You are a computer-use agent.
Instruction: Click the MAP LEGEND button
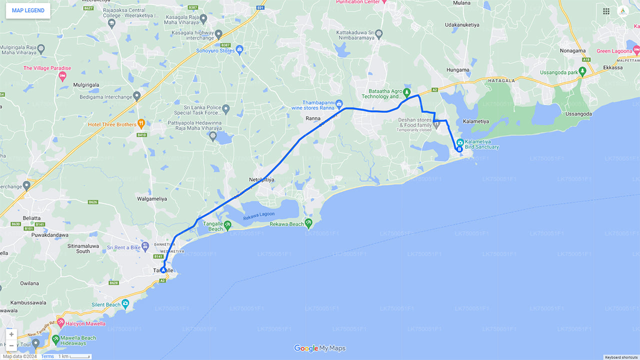coord(28,10)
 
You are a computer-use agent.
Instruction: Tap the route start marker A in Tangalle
coord(163,270)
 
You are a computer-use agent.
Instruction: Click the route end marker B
coord(459,148)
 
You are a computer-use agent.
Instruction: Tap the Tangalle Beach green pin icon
coord(227,224)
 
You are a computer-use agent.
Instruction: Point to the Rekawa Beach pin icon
coord(309,223)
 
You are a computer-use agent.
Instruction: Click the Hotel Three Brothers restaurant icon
coord(141,123)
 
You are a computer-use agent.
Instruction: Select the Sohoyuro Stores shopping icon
coord(239,49)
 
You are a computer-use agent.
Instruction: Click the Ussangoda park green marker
coord(582,71)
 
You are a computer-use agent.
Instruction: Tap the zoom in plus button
coord(11,334)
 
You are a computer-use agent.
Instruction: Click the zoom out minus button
coord(11,345)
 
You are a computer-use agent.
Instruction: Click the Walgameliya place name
coord(152,198)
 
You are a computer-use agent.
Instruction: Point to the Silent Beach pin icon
coord(125,303)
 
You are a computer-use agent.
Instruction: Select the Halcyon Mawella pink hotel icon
coord(61,322)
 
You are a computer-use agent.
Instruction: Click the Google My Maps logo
coord(320,348)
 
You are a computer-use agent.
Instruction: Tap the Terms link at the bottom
coord(47,356)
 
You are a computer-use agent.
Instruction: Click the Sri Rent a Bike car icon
coord(145,246)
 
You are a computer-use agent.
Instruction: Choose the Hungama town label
coord(457,70)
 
